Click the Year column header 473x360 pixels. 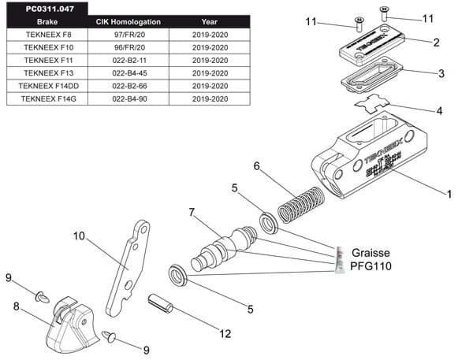click(x=209, y=22)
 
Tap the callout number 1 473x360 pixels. click(x=449, y=193)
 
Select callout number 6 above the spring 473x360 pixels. click(x=257, y=165)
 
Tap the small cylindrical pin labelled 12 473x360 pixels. click(x=161, y=302)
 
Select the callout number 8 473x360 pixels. click(x=16, y=307)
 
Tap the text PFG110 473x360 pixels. click(x=370, y=266)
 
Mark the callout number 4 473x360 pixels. click(x=440, y=111)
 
